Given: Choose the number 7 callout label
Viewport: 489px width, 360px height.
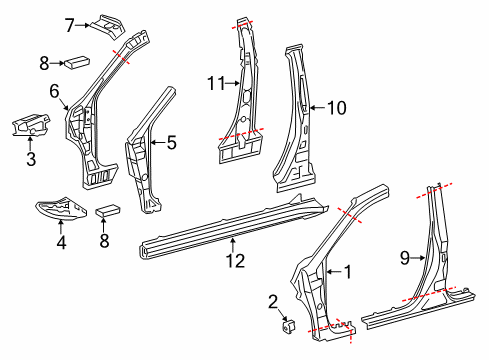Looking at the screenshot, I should [x=70, y=24].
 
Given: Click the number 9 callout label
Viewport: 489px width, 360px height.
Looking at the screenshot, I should [x=405, y=259].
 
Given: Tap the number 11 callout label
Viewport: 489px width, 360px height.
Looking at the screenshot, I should [x=212, y=86].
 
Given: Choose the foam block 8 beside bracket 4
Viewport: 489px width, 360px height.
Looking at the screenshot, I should [x=108, y=212].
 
